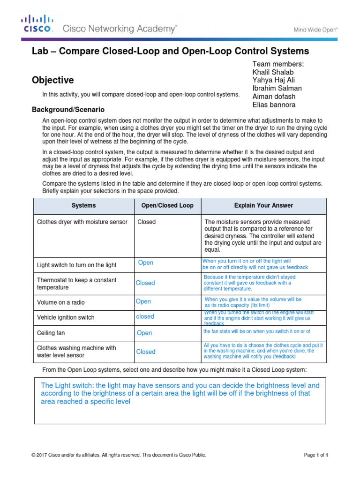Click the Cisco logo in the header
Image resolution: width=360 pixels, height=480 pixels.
click(x=37, y=23)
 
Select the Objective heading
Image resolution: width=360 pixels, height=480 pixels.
click(x=52, y=80)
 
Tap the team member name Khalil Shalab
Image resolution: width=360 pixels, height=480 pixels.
click(x=273, y=72)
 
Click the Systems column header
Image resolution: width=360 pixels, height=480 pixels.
click(x=83, y=205)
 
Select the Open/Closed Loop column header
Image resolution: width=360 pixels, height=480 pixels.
click(x=167, y=205)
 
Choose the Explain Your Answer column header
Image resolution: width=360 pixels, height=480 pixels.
click(x=263, y=205)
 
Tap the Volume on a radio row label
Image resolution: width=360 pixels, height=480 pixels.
click(x=61, y=302)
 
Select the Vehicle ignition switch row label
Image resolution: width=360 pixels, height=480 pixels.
click(x=66, y=317)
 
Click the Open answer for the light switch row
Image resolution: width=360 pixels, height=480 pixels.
click(x=146, y=262)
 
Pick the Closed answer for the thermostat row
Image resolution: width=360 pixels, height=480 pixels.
click(x=145, y=283)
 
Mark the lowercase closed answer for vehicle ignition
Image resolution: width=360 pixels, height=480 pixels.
click(x=145, y=316)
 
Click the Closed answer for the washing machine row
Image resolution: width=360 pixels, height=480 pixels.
click(x=146, y=352)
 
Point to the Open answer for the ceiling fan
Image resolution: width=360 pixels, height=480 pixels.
click(x=144, y=333)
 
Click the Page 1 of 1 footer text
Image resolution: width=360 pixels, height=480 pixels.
click(x=316, y=455)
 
